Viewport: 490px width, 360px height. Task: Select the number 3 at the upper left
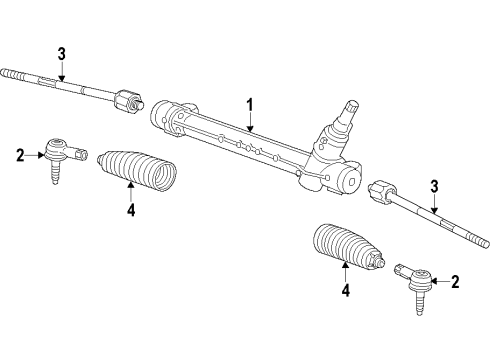click(61, 53)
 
